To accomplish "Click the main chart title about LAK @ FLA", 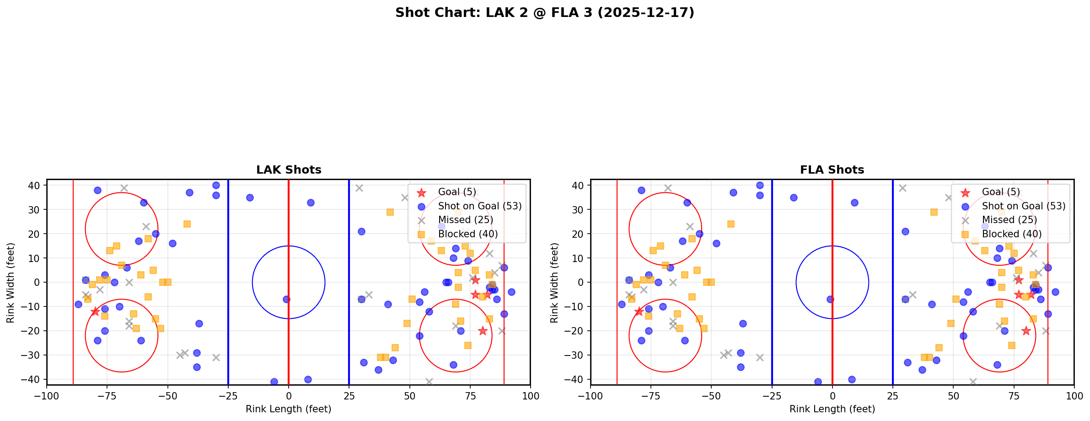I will (544, 13).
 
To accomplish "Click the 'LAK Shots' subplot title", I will (289, 170).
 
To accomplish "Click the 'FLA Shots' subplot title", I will (832, 170).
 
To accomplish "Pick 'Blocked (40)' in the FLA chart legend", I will (1011, 234).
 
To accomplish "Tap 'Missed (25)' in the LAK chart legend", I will (465, 220).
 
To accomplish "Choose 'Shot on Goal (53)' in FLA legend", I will (1023, 206).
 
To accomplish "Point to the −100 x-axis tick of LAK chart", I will (47, 396).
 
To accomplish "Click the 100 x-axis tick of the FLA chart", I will (1074, 396).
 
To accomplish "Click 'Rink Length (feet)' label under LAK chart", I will (289, 409).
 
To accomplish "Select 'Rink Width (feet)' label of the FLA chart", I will (554, 283).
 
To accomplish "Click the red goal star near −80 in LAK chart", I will (95, 312).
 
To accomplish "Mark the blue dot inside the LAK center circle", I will (286, 299).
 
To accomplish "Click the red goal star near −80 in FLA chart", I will (639, 312).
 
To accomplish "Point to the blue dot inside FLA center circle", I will (830, 299).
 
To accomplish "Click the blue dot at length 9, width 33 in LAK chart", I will (311, 202).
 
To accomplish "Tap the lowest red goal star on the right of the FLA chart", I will (1026, 331).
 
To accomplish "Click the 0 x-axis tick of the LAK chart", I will (289, 396).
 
